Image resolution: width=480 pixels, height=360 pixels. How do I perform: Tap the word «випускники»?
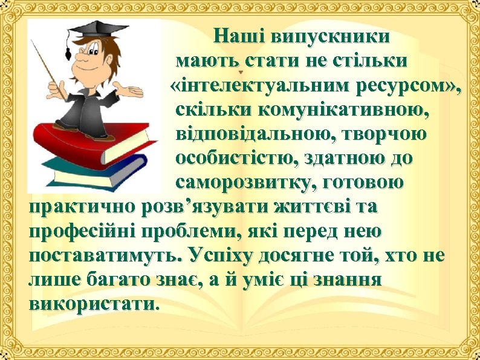pos(330,36)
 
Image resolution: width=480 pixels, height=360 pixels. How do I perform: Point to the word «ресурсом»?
pos(401,87)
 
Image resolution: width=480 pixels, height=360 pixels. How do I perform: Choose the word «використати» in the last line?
pos(91,303)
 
